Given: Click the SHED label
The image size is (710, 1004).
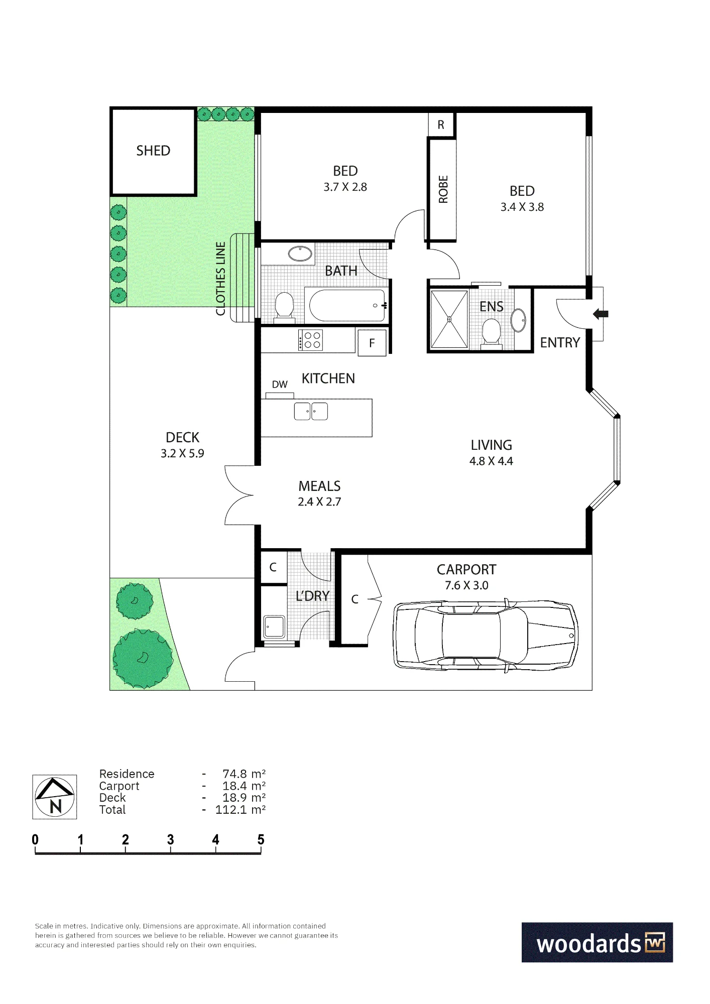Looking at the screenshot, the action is tap(153, 151).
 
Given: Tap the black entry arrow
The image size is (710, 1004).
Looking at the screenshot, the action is tap(601, 314).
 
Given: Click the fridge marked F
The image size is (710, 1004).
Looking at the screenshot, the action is tap(372, 343).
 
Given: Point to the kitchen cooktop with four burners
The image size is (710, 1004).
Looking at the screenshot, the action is tap(310, 340).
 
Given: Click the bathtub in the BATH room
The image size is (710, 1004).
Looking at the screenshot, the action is tap(347, 305).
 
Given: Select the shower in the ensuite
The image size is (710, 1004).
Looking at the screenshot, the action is tap(449, 319).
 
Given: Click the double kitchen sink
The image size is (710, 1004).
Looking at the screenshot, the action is tap(311, 411).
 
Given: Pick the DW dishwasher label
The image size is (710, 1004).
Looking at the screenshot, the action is tap(280, 385).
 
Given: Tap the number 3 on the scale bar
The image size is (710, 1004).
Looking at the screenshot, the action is tap(171, 840).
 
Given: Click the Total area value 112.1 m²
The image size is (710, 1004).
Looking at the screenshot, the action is tap(241, 810).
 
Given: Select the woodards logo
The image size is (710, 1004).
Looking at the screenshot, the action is tap(597, 942).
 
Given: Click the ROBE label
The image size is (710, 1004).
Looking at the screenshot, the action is tap(443, 189).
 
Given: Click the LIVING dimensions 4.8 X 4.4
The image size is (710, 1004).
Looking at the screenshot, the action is tap(491, 461).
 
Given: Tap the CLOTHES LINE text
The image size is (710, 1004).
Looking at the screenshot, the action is tap(220, 279).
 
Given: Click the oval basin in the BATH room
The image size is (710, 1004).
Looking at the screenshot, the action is tap(300, 254).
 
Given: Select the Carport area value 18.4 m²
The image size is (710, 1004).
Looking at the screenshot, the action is tap(244, 786).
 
